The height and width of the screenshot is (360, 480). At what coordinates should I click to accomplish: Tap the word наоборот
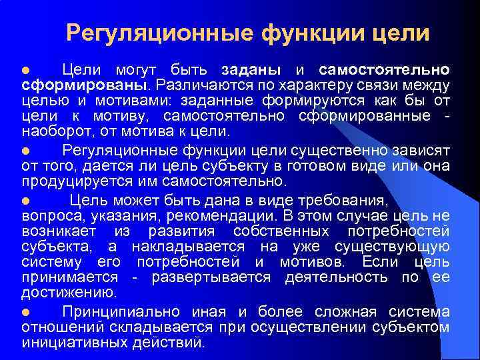(x=53, y=131)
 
